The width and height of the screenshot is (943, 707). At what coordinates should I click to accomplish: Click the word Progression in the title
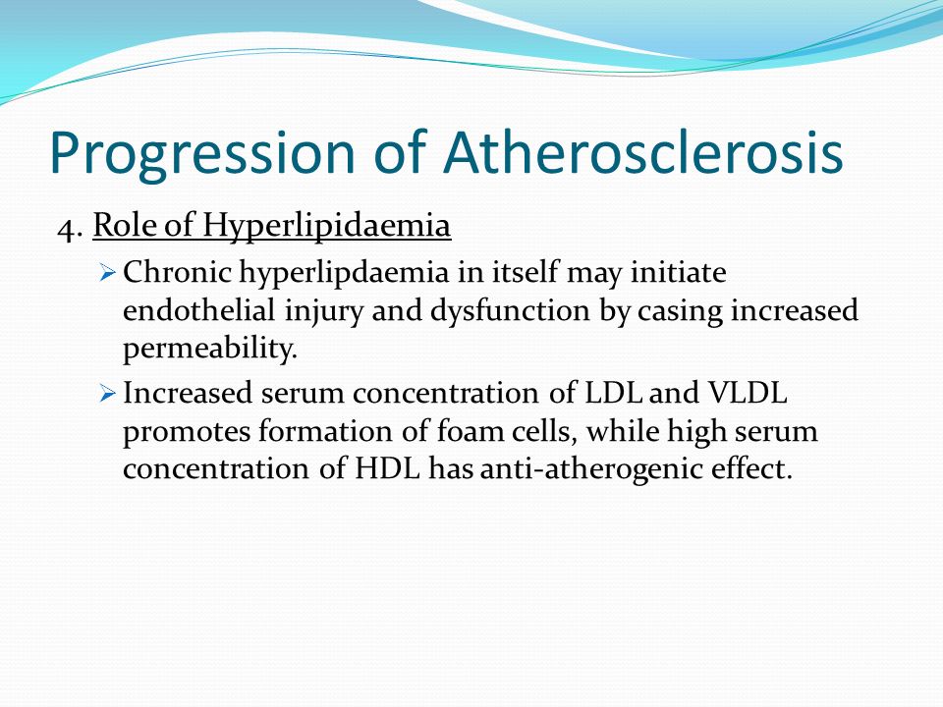tap(202, 154)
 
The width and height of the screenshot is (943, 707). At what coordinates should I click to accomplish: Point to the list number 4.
tap(70, 227)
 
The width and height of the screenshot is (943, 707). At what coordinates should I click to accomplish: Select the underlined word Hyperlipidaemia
tap(326, 227)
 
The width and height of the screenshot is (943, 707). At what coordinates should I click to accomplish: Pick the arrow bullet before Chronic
tap(107, 274)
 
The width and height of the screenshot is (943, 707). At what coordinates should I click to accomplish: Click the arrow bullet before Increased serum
tap(107, 395)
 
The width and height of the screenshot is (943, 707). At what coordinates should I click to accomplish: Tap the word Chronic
tap(177, 272)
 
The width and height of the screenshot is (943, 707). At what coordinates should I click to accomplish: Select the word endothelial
tap(199, 310)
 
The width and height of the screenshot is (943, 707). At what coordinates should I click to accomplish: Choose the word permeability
tap(210, 350)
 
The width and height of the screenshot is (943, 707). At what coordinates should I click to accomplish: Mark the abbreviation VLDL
tap(747, 393)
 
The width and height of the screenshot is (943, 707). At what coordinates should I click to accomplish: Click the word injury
tap(323, 312)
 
